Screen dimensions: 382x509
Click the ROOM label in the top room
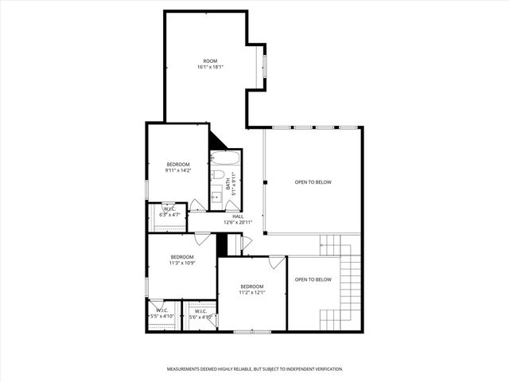point(210,60)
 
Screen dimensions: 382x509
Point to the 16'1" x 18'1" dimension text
point(210,67)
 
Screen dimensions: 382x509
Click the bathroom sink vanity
point(216,193)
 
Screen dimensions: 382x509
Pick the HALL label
point(237,216)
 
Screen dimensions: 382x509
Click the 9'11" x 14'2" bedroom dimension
point(178,170)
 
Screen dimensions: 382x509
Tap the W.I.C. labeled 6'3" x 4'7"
point(169,212)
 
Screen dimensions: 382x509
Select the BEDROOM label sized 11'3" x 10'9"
point(182,257)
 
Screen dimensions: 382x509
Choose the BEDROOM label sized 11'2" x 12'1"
point(252,286)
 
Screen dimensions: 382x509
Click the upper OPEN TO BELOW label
point(313,182)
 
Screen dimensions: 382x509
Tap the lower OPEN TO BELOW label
point(313,279)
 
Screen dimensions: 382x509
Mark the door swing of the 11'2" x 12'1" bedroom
point(276,261)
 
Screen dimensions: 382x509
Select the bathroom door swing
point(233,205)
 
